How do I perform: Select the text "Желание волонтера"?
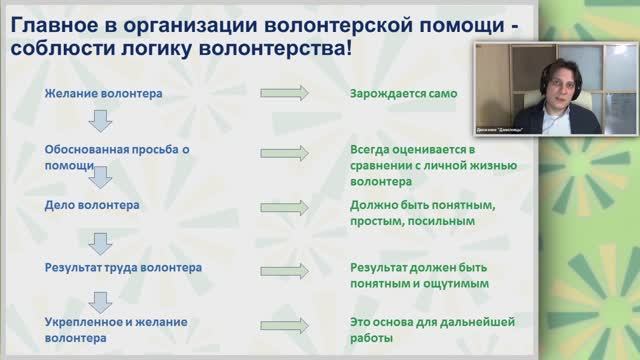(104, 94)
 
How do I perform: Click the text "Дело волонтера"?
(93, 205)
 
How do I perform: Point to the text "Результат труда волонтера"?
(123, 268)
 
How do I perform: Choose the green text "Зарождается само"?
(403, 94)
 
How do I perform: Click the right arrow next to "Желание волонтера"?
(285, 94)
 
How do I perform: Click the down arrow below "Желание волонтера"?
(97, 122)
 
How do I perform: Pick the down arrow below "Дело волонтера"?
(97, 240)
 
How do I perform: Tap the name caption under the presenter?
(557, 130)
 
